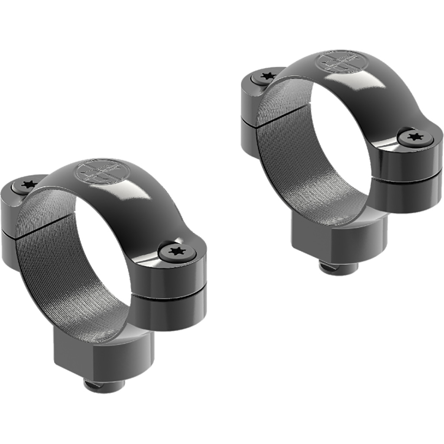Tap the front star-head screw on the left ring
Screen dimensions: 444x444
pyautogui.click(x=177, y=251)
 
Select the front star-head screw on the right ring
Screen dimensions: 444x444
pyautogui.click(x=415, y=137)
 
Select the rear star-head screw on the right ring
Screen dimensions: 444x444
pyautogui.click(x=268, y=77)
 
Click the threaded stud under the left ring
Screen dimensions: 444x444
pyautogui.click(x=104, y=384)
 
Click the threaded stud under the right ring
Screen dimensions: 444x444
pyautogui.click(x=339, y=267)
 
